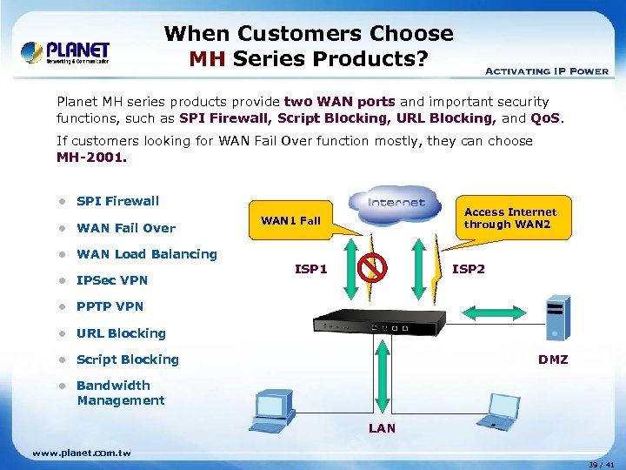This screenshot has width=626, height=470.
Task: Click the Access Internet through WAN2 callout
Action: click(x=510, y=218)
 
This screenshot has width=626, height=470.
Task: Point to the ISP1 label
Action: click(x=311, y=269)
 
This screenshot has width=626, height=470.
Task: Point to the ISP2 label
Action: click(x=469, y=269)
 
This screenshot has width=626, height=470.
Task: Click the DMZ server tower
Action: click(x=556, y=319)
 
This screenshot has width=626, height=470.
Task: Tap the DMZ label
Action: click(x=553, y=359)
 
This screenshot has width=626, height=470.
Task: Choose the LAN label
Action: click(x=383, y=427)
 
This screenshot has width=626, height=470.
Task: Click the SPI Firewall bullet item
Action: click(x=117, y=201)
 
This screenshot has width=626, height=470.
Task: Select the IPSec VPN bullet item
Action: click(x=112, y=280)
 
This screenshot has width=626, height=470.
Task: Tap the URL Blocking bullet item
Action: click(x=121, y=333)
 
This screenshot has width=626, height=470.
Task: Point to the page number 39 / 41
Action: click(x=599, y=464)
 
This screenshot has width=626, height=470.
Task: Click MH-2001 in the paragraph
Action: click(x=91, y=158)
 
